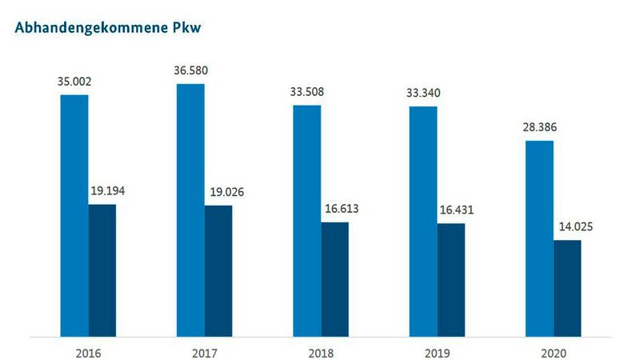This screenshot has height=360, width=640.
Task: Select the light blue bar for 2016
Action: (74, 216)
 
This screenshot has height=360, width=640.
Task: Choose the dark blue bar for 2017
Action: (218, 271)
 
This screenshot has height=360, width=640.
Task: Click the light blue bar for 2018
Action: (307, 221)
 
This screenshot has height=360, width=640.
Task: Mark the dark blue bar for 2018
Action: (335, 279)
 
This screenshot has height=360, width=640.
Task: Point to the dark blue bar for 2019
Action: (451, 280)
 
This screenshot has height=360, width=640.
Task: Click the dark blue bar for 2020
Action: (567, 288)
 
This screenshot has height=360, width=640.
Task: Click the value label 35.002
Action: (74, 81)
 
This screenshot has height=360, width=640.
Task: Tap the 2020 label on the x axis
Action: (553, 353)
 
